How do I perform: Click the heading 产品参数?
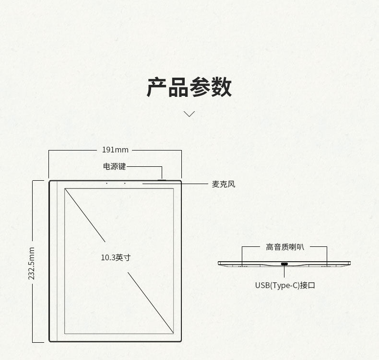pyautogui.click(x=189, y=87)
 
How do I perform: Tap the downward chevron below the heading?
pyautogui.click(x=189, y=114)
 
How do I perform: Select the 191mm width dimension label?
pyautogui.click(x=115, y=150)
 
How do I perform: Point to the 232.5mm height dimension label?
pyautogui.click(x=32, y=263)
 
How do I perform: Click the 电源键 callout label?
pyautogui.click(x=114, y=166)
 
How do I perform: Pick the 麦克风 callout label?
pyautogui.click(x=224, y=184)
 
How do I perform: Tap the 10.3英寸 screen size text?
pyautogui.click(x=116, y=257)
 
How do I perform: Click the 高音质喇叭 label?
pyautogui.click(x=285, y=247)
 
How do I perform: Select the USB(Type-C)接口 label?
pyautogui.click(x=285, y=285)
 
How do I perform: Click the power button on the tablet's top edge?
pyautogui.click(x=162, y=180)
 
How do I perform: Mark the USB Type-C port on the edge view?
pyautogui.click(x=284, y=264)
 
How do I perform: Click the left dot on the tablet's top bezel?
pyautogui.click(x=107, y=183)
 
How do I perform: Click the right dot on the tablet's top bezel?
pyautogui.click(x=125, y=183)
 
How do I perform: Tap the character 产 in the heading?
pyautogui.click(x=156, y=87)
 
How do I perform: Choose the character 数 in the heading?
pyautogui.click(x=222, y=87)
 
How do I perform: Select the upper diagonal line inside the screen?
pyautogui.click(x=85, y=215)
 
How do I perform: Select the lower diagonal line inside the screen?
pyautogui.click(x=150, y=302)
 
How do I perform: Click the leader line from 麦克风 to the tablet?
pyautogui.click(x=192, y=184)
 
